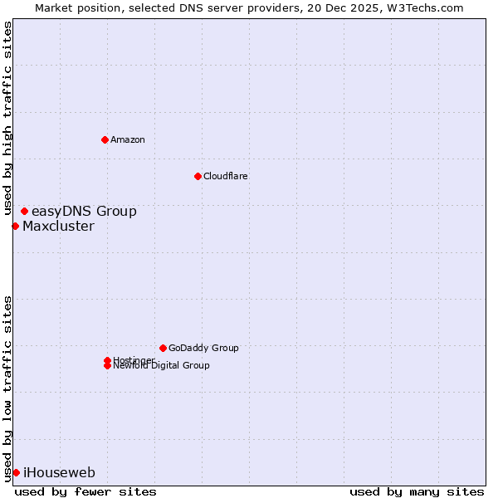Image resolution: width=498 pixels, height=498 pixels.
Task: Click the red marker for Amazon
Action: pyautogui.click(x=105, y=139)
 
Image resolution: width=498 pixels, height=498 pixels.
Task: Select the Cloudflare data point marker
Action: pyautogui.click(x=198, y=176)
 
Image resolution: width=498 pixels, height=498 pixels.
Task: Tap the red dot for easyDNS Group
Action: pyautogui.click(x=24, y=212)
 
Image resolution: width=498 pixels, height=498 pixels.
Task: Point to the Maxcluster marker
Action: pyautogui.click(x=15, y=226)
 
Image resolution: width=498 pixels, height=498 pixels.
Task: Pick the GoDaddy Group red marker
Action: pyautogui.click(x=163, y=348)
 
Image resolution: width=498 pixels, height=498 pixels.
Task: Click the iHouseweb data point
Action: pyautogui.click(x=16, y=472)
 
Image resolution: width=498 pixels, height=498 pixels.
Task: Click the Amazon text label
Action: pyautogui.click(x=128, y=139)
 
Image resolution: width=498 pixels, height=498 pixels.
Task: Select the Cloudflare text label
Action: pyautogui.click(x=225, y=176)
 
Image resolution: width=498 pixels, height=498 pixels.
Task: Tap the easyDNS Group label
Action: pyautogui.click(x=84, y=212)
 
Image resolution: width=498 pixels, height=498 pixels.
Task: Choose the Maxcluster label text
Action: pyautogui.click(x=58, y=226)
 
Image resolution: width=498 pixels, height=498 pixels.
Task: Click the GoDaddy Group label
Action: pyautogui.click(x=203, y=348)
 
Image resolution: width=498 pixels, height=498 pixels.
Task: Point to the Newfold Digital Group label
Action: pyautogui.click(x=161, y=366)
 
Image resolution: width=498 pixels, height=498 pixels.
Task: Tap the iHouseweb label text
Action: pyautogui.click(x=59, y=472)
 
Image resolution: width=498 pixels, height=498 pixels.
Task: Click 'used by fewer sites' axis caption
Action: pyautogui.click(x=85, y=491)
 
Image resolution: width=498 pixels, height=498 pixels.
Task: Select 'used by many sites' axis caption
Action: pyautogui.click(x=417, y=491)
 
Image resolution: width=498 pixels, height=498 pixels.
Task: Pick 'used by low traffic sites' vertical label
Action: pyautogui.click(x=7, y=388)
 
